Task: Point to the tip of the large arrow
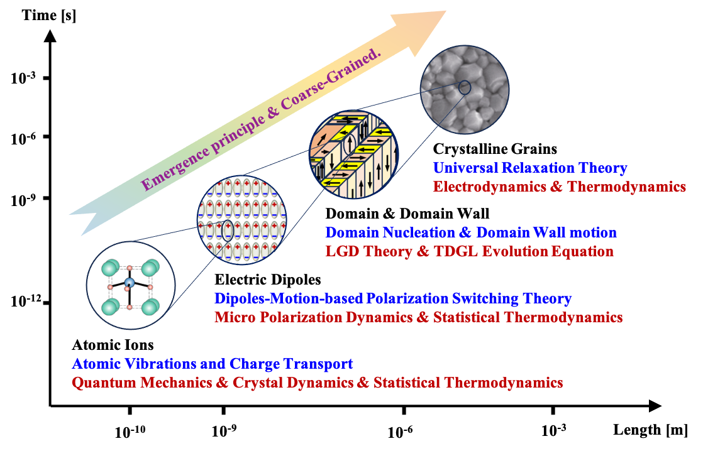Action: point(445,11)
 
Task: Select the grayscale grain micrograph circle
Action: point(464,89)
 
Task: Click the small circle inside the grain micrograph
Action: point(463,88)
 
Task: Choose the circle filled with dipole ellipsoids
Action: point(242,220)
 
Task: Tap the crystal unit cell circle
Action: point(130,286)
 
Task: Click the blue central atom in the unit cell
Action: point(130,283)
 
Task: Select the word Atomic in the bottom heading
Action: point(95,364)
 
